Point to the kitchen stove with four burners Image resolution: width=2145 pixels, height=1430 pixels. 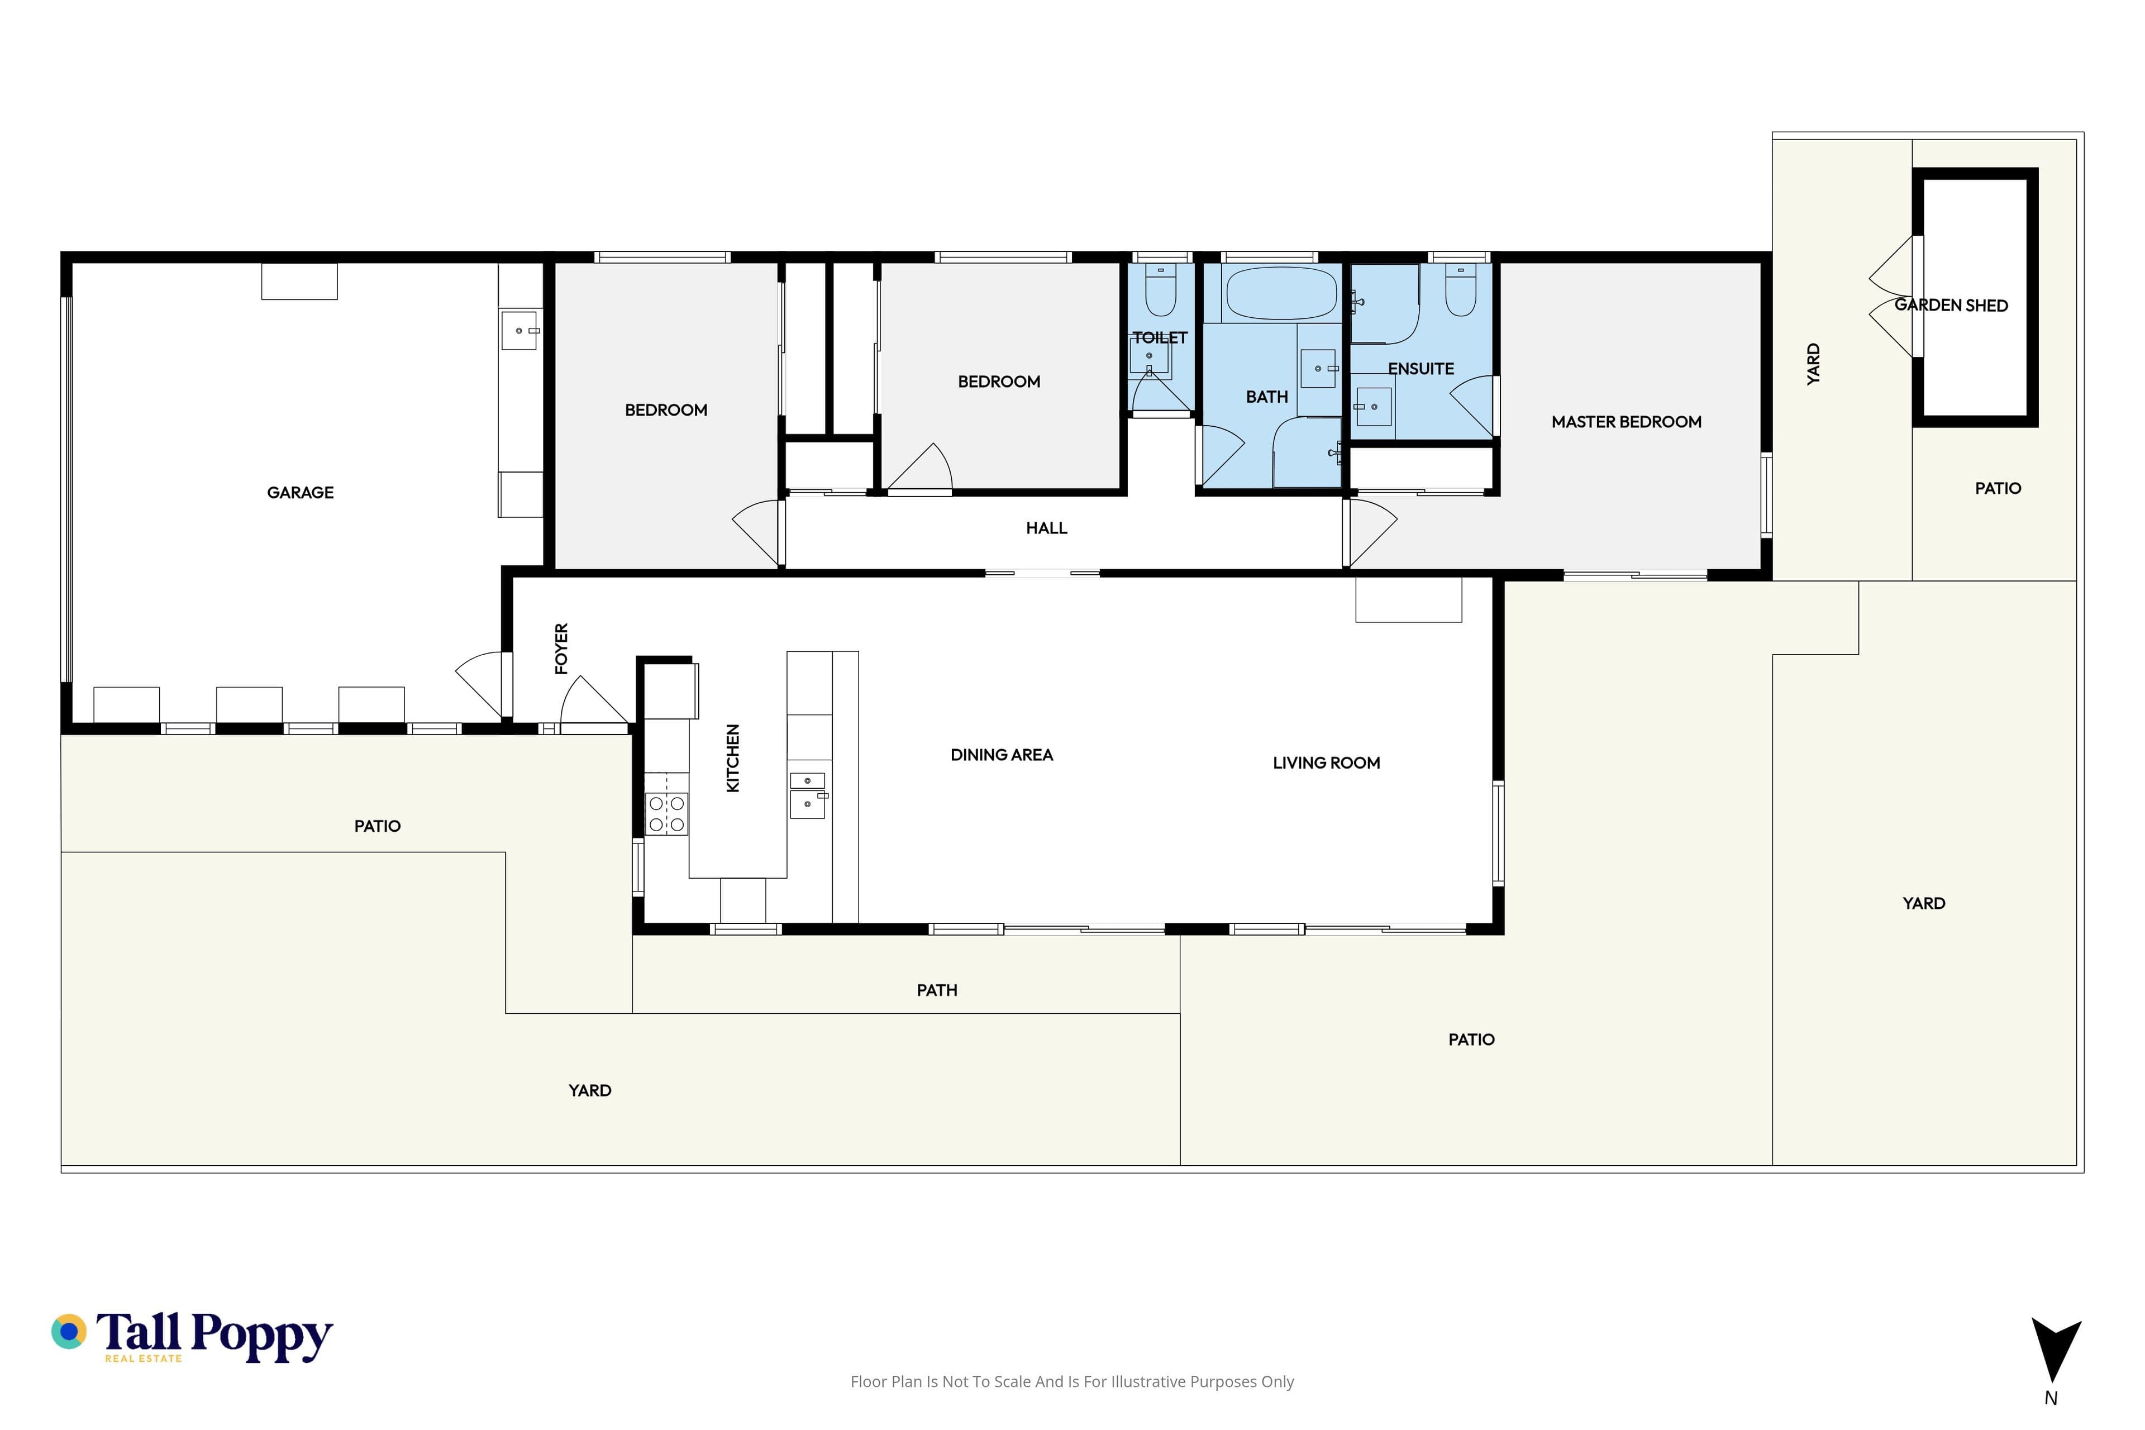(666, 813)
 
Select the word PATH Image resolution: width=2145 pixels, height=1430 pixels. (937, 990)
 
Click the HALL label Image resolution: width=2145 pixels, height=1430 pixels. (1046, 528)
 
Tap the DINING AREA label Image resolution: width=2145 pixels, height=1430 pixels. (1002, 755)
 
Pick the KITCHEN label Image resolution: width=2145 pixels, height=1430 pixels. (732, 758)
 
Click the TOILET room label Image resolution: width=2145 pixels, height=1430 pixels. (1160, 337)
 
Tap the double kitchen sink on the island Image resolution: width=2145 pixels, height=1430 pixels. (808, 795)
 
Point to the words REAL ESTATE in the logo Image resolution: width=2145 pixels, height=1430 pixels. (143, 1359)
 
